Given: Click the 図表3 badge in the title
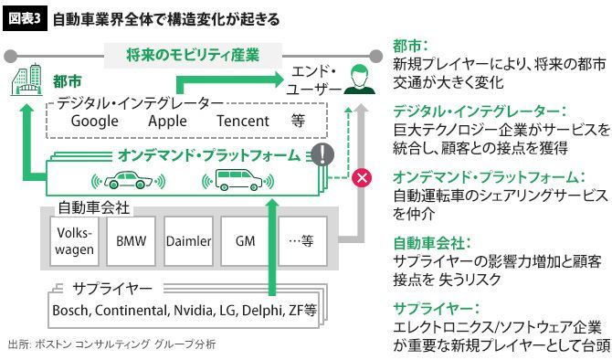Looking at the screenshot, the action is (x=25, y=19).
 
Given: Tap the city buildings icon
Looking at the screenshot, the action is (x=26, y=80).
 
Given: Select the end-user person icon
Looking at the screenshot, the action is (x=359, y=79).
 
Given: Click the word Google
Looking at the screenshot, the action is (x=94, y=121).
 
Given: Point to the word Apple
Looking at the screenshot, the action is (x=167, y=121).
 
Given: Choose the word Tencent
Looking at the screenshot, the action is (x=243, y=121).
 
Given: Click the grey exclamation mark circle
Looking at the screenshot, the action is (x=322, y=154).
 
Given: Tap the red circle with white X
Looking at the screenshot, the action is (x=362, y=177).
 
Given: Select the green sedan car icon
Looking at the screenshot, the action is (x=129, y=180).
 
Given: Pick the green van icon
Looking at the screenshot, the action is (x=238, y=180).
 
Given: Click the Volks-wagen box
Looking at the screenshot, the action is (x=74, y=241).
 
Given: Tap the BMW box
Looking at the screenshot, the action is (x=132, y=241).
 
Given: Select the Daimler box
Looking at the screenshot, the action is (x=188, y=241).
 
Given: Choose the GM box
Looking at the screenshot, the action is (x=246, y=241).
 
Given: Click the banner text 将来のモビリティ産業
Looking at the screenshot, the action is (x=193, y=55).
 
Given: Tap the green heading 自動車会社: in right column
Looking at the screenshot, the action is (x=432, y=243).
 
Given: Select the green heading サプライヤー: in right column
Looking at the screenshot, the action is (x=436, y=309).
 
